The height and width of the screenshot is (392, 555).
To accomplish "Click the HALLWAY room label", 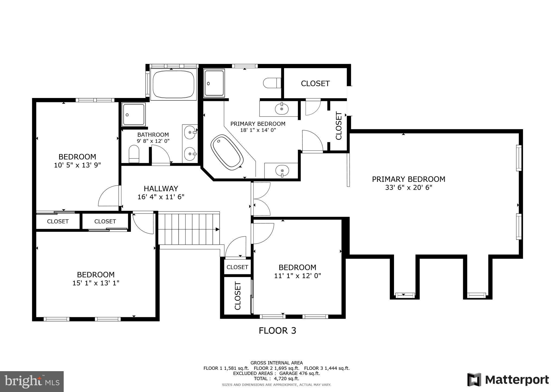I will [161, 188].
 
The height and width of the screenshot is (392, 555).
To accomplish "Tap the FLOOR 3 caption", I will [277, 331].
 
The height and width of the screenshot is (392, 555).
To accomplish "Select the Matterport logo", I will [508, 380].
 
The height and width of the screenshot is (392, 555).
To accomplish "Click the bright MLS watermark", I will [32, 381].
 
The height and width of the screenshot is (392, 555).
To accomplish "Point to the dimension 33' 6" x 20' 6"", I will [408, 187].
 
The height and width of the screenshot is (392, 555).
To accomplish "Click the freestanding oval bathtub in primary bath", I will [227, 152].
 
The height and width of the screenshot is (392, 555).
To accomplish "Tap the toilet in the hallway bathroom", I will [134, 153].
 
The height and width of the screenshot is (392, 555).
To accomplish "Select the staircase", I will [189, 229].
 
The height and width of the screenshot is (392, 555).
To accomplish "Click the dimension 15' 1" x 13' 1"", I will [96, 283].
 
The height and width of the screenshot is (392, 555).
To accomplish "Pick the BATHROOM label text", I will [153, 135].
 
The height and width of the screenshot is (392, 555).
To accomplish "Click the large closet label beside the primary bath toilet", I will [315, 83].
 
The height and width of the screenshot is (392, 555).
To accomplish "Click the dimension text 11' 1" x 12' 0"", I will [297, 276].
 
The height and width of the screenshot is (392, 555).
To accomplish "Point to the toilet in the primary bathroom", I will [272, 83].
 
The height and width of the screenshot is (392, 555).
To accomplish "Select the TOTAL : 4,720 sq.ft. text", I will [276, 378].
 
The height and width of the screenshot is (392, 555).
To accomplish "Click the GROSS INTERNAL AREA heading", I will [276, 363].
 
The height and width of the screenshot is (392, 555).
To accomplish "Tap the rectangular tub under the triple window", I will [173, 84].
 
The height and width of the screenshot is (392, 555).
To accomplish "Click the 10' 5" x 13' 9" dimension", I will [77, 165].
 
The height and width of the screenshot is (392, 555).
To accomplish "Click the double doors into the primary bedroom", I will [261, 199].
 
